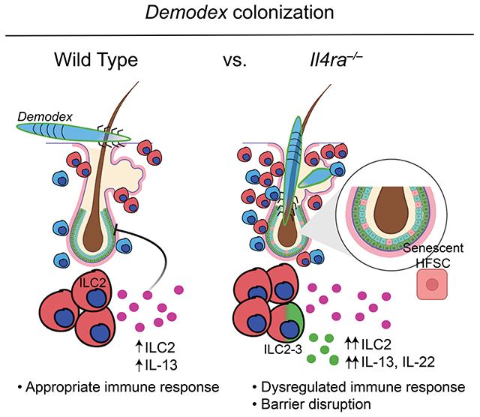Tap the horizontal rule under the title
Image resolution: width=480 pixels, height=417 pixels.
click(x=240, y=34)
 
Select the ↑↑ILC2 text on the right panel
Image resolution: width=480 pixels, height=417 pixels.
click(x=367, y=344)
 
